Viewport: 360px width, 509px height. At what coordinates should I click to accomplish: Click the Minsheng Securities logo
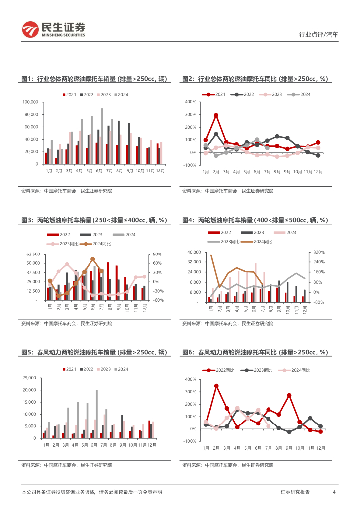point(53,30)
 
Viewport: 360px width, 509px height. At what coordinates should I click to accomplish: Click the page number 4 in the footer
point(334,492)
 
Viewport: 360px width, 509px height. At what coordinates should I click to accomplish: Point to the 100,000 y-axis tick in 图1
point(30,102)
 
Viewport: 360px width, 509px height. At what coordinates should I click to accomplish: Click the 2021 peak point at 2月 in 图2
point(216,115)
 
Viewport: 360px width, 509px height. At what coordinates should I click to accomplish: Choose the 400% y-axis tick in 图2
point(190,102)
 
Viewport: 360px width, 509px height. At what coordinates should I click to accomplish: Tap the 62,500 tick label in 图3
point(33,254)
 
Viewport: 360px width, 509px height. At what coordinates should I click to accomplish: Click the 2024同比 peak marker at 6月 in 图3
point(93,259)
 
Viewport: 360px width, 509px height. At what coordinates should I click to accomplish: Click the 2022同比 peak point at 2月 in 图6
point(216,386)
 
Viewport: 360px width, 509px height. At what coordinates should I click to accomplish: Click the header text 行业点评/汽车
point(318,35)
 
